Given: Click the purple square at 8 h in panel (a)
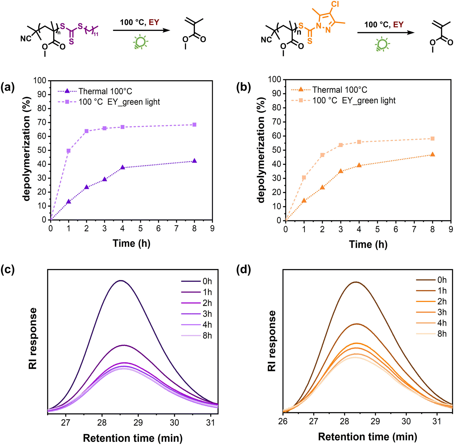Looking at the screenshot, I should click(x=194, y=125).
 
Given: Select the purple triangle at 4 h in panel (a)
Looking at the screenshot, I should click(x=122, y=168).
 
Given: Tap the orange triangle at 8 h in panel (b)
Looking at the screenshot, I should click(x=432, y=154).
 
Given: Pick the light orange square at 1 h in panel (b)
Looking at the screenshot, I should click(x=304, y=178).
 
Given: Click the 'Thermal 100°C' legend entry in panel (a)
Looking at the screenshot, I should click(x=105, y=91).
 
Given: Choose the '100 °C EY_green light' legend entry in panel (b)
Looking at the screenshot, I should click(x=354, y=101).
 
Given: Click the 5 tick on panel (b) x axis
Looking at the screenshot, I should click(x=377, y=229).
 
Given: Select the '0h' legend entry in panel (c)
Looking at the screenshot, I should click(x=207, y=281).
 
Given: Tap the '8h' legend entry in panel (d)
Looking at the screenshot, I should click(x=442, y=334).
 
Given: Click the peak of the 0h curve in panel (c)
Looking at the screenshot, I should click(x=121, y=281).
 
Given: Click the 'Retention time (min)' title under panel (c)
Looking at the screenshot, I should click(x=133, y=438).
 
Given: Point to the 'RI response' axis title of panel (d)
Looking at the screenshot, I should click(x=272, y=341).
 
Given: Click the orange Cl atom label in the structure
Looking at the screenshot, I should click(x=335, y=4).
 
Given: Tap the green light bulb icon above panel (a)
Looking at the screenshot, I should click(x=140, y=42).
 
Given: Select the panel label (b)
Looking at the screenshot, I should click(x=243, y=87).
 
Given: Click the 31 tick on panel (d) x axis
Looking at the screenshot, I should click(x=437, y=421).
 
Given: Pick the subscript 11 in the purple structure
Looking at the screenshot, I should click(x=96, y=34).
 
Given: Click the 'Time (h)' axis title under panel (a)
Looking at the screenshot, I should click(x=131, y=243).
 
